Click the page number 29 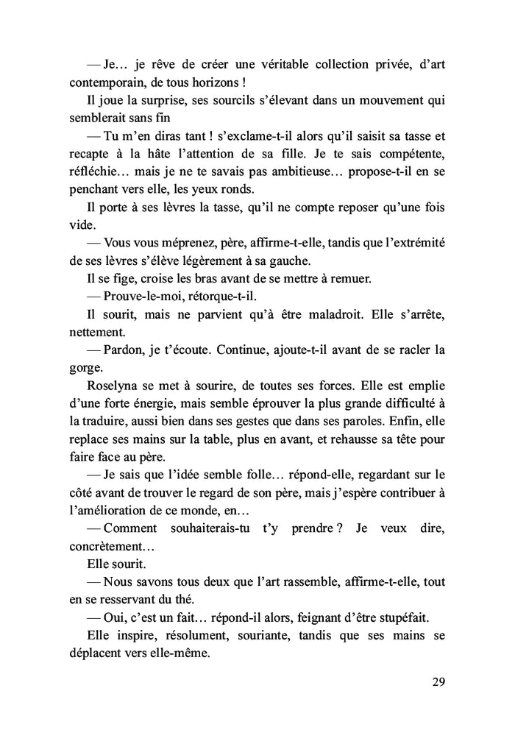(x=438, y=681)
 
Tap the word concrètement (x=107, y=545)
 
